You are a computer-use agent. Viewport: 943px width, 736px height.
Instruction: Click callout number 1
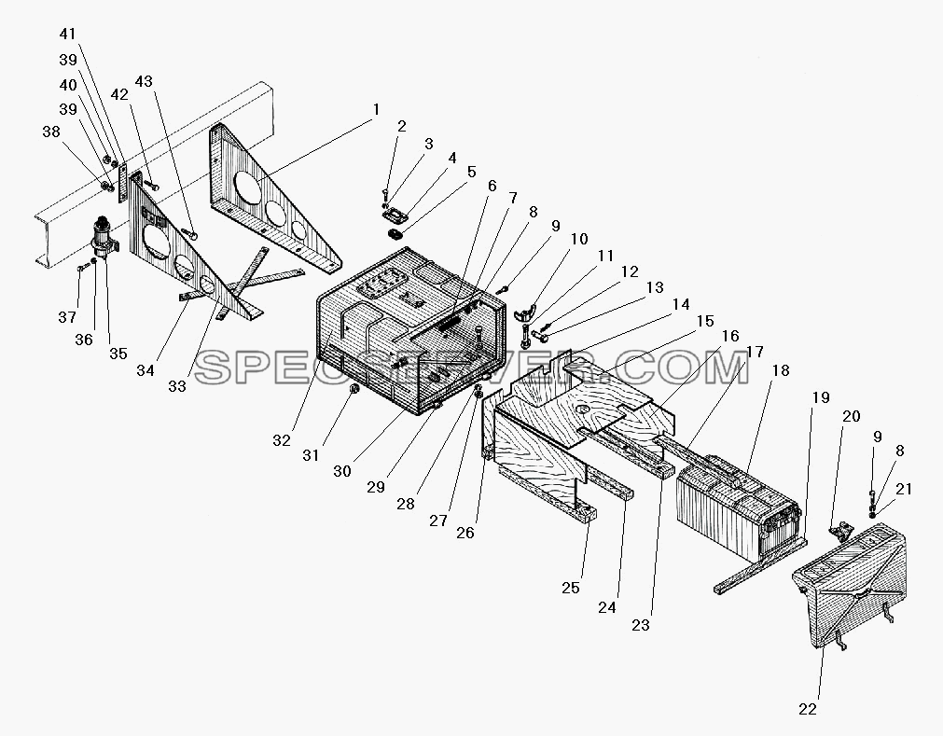(377, 110)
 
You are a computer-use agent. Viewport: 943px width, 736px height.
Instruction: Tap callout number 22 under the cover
(808, 710)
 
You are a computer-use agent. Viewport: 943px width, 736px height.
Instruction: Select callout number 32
(282, 440)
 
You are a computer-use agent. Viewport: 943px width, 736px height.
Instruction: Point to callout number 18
(781, 370)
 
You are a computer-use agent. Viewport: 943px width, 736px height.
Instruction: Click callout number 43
(144, 81)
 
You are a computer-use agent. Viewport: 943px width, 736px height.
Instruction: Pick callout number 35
(118, 354)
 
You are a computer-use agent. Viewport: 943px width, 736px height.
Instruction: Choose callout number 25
(571, 588)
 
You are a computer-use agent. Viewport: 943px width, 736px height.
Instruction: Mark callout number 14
(681, 304)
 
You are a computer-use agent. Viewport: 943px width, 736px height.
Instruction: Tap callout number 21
(904, 490)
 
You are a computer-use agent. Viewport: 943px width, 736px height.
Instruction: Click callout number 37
(67, 317)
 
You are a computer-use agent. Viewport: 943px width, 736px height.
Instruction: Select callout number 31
(311, 456)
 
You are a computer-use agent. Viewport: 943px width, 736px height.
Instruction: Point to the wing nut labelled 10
(525, 313)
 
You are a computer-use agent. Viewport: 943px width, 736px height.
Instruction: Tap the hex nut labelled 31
(354, 393)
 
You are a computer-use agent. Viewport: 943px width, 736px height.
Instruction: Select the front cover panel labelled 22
(850, 583)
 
